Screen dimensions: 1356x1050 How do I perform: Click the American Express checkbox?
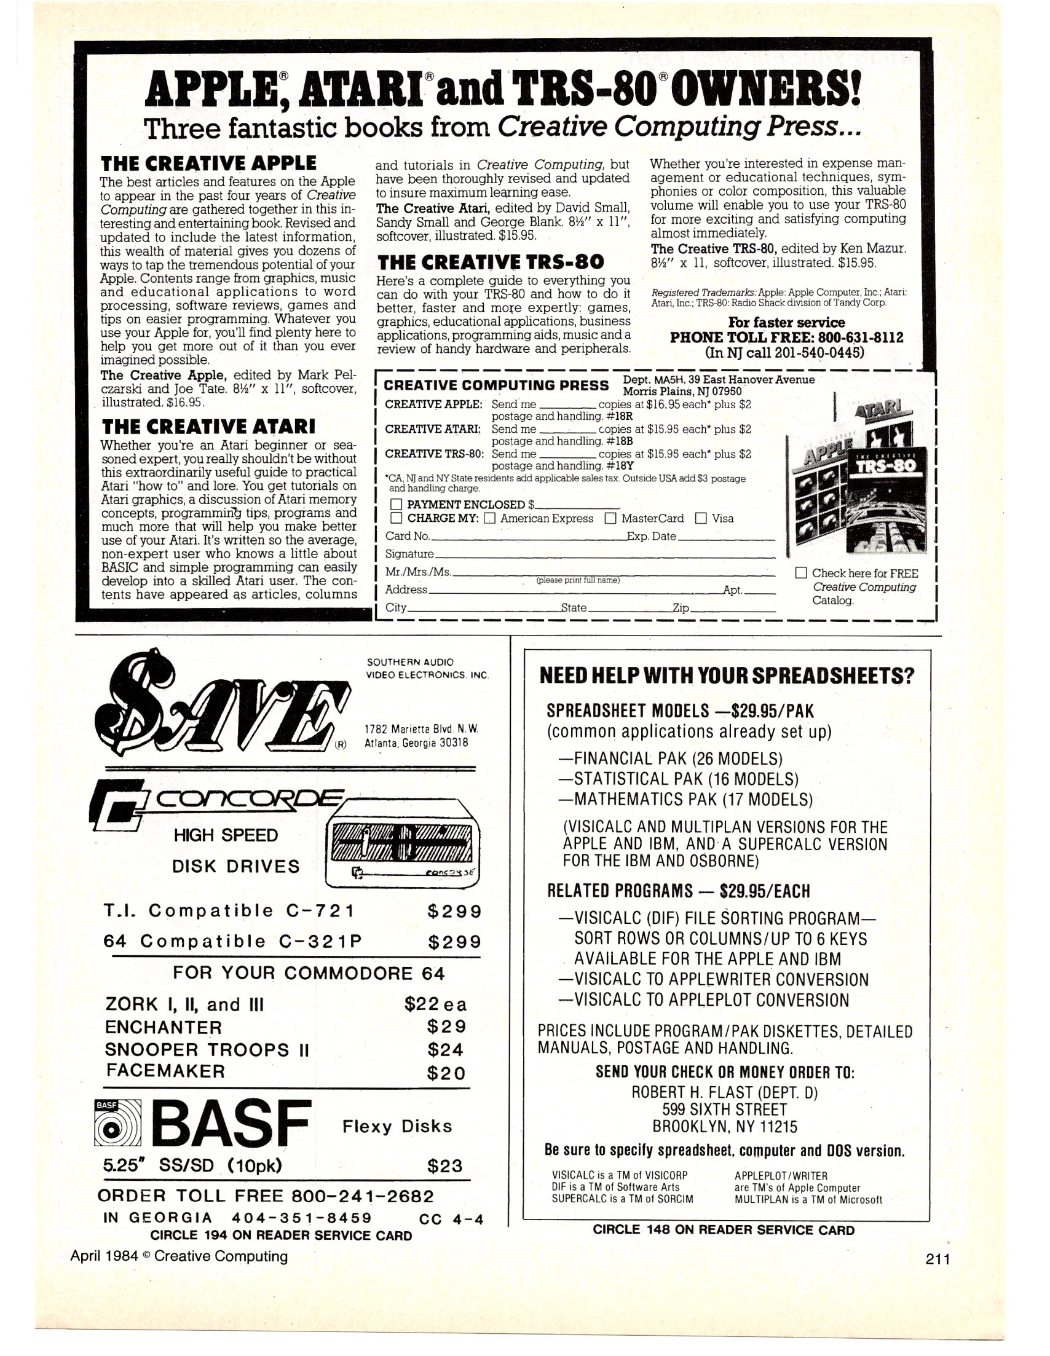489,518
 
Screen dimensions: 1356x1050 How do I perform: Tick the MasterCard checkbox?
610,518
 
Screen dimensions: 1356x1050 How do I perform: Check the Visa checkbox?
701,518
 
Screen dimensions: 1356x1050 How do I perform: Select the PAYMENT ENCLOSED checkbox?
396,505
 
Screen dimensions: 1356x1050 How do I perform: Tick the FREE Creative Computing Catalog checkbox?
802,573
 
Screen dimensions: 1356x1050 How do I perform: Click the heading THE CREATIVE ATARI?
208,427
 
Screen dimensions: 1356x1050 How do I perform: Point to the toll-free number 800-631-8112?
859,337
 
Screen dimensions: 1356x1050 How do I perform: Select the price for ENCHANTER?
446,1027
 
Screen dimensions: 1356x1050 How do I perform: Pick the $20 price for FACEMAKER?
446,1073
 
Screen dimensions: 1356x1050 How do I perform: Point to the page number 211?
937,1259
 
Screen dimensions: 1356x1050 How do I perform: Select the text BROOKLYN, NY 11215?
725,1127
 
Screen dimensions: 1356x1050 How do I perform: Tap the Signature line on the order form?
602,554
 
